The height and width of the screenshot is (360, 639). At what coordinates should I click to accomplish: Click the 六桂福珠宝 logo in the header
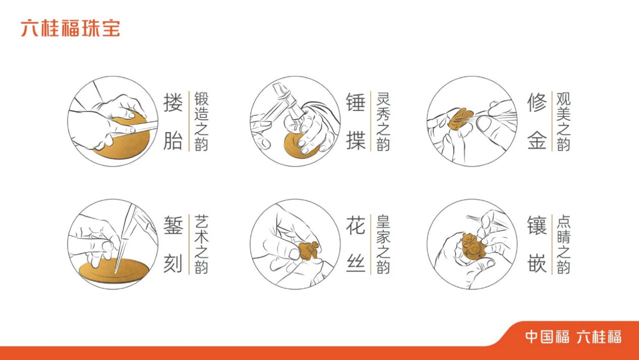[70, 28]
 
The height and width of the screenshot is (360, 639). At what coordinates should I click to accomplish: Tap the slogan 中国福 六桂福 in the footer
[573, 337]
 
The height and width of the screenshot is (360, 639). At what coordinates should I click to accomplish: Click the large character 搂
[173, 102]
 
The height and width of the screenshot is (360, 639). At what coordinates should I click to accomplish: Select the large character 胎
[173, 140]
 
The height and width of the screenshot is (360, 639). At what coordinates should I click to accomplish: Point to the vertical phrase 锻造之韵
[201, 121]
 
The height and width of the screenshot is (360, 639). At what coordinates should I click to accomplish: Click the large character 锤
[355, 102]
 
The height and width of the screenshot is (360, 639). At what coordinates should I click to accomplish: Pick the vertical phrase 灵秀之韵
[383, 121]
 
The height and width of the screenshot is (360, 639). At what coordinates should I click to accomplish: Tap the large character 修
[537, 102]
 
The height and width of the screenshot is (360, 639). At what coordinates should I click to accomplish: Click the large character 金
[537, 140]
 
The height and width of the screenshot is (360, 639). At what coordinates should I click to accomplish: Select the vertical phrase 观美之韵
[563, 121]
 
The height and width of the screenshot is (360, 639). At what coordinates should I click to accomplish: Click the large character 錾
[173, 225]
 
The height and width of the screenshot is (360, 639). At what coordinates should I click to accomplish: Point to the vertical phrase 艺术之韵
[201, 244]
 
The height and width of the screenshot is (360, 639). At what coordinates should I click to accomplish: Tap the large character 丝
[355, 263]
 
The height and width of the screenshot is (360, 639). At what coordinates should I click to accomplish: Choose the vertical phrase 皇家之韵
[383, 244]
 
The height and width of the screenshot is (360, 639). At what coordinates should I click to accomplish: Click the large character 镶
[537, 225]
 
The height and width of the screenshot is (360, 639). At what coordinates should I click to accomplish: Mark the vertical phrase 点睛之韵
[563, 244]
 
